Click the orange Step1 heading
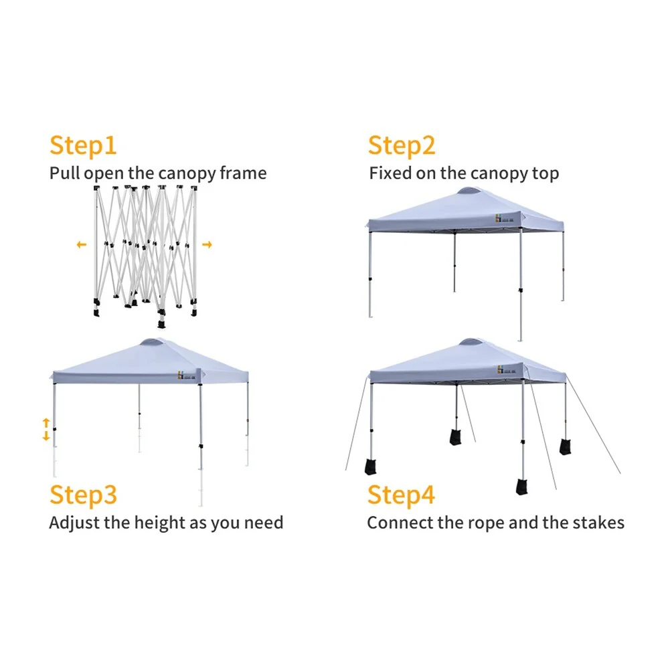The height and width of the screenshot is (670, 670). click(83, 146)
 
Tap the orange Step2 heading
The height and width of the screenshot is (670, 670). click(401, 146)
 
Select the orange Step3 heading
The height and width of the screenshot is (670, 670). click(83, 495)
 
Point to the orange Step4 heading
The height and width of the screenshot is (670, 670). click(401, 495)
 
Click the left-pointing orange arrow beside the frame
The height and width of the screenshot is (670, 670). click(82, 244)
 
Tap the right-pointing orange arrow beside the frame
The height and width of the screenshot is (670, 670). click(207, 244)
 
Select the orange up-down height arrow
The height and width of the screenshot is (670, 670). click(46, 429)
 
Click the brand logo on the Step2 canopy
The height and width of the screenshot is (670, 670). click(505, 218)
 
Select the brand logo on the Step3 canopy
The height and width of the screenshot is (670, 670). click(187, 375)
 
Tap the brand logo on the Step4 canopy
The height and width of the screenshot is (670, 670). click(507, 370)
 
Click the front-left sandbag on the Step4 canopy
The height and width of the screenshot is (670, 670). click(370, 467)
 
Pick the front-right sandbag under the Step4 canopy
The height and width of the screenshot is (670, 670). click(521, 487)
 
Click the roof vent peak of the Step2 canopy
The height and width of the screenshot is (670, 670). click(470, 191)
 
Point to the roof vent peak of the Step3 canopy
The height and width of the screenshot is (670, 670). click(153, 342)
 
